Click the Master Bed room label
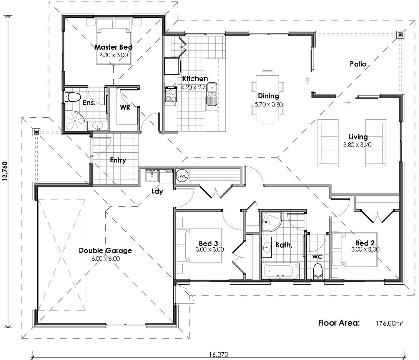point(113,47)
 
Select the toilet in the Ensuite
point(72,97)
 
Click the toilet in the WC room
point(318,271)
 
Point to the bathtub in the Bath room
point(281,271)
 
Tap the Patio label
point(358,63)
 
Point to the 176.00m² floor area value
point(389,323)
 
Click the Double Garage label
point(105,250)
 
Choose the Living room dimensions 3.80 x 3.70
point(358,145)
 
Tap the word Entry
point(118,160)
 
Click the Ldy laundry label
point(157,191)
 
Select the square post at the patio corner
point(400,35)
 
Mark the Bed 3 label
point(208,243)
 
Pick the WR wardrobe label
point(125,108)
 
